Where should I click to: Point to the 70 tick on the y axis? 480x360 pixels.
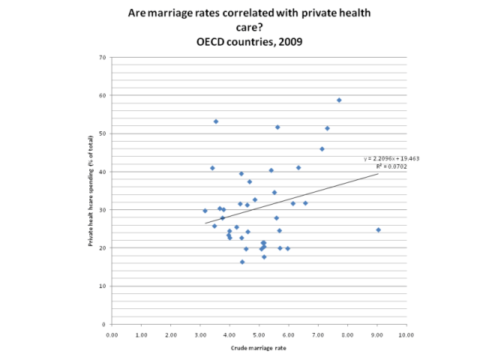coord(103,57)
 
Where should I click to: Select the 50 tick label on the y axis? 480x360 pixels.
coord(103,133)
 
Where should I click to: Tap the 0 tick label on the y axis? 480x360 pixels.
coord(104,324)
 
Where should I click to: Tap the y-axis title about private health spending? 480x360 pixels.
coord(90,190)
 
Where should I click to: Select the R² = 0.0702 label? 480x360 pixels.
coord(391,166)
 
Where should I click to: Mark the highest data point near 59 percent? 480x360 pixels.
coord(339,100)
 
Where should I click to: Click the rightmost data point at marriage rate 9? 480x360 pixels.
coord(378,229)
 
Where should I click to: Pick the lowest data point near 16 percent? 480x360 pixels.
coord(242,262)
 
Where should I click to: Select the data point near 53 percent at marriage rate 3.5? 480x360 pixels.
coord(216,121)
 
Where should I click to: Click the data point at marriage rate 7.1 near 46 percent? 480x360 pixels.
coord(322,149)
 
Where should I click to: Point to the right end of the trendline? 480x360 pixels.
coord(378,173)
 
